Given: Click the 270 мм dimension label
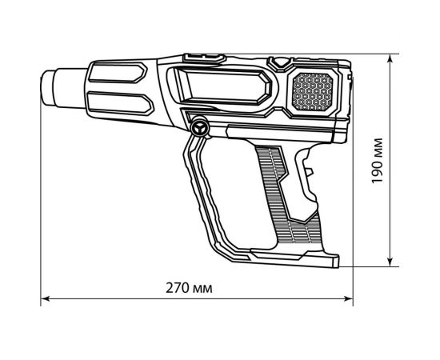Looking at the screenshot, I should pos(195,287).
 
